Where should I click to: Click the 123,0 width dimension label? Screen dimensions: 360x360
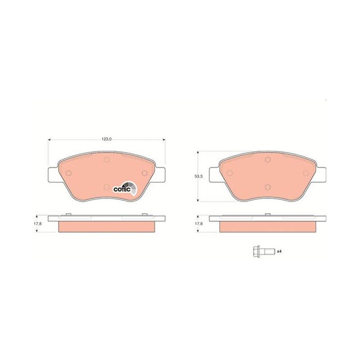(x=107, y=139)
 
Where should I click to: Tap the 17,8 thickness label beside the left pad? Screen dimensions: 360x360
(x=39, y=224)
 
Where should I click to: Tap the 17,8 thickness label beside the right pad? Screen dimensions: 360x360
(x=200, y=224)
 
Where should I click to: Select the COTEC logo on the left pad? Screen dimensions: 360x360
(x=126, y=188)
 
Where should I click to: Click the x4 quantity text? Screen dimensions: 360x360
(x=279, y=252)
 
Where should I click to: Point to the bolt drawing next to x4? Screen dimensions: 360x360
(x=263, y=252)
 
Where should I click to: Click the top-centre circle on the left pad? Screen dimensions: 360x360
(x=106, y=160)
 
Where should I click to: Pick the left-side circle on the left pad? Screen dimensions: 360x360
(x=69, y=173)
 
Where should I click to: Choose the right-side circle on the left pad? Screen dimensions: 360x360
(x=144, y=173)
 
